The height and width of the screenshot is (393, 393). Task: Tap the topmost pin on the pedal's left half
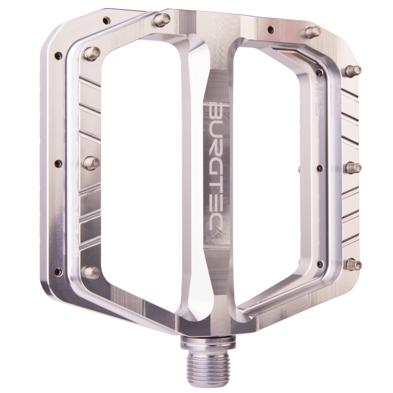coord(163,18)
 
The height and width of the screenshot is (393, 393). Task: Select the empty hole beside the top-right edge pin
coord(270,29)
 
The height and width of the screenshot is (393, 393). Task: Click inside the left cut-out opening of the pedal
coord(138,165)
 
